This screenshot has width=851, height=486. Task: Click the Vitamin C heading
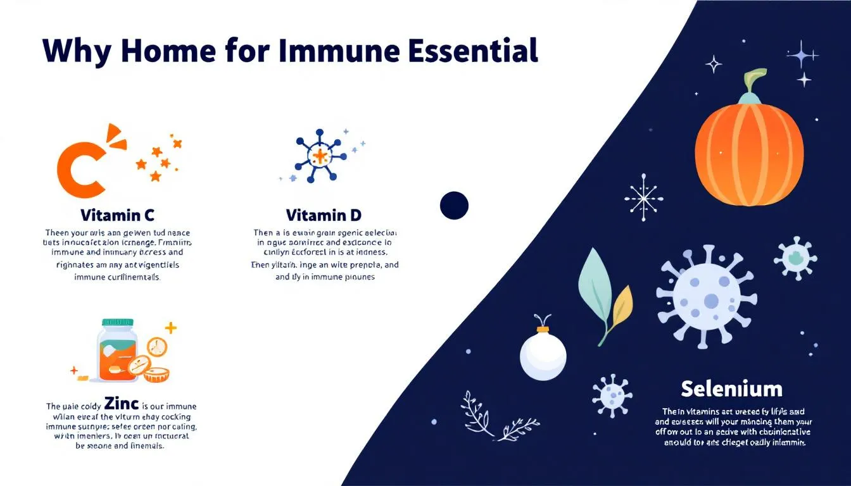(x=117, y=215)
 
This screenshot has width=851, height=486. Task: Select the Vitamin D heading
(x=324, y=215)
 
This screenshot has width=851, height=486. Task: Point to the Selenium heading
(x=731, y=388)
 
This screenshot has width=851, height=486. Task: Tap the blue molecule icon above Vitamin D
(x=321, y=156)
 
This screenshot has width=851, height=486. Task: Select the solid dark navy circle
(x=454, y=206)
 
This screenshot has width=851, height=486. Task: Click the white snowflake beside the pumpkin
(x=644, y=197)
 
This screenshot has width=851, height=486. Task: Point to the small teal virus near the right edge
(x=795, y=258)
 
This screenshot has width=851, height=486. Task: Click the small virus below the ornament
(x=612, y=396)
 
